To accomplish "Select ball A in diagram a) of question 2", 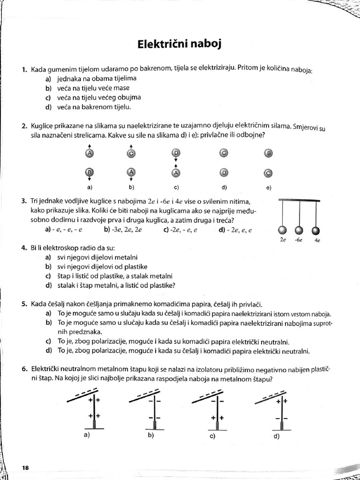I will [x=90, y=153].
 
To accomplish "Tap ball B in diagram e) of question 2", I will [x=269, y=153].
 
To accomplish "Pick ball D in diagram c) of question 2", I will [x=176, y=153].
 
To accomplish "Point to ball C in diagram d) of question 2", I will [x=224, y=153].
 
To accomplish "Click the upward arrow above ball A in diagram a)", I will [x=90, y=146].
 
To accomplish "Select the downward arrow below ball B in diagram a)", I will [x=90, y=179].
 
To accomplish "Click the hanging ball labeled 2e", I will [x=282, y=230].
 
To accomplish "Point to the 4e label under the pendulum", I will [x=317, y=240].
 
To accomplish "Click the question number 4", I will [x=24, y=247].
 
